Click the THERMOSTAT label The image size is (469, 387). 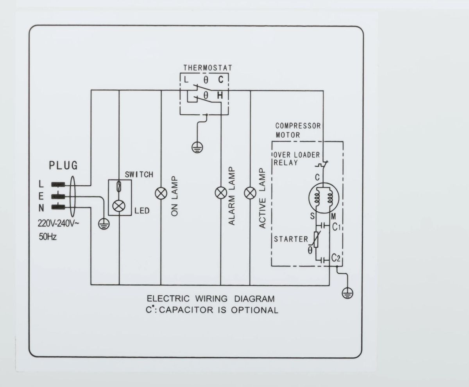coord(208,68)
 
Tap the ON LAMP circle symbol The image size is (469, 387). coord(161,193)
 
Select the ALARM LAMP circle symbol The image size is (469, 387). coord(221,193)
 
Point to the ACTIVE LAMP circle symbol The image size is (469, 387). coord(250,193)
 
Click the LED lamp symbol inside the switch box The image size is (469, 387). coord(118,206)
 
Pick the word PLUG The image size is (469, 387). coord(63,165)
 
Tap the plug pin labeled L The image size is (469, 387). coord(58,185)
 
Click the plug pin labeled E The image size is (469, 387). coord(58,197)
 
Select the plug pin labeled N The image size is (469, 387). coord(58,207)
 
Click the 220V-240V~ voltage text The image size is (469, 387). coord(58,224)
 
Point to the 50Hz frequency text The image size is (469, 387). coord(48,237)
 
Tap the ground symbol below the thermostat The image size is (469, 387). coord(197,147)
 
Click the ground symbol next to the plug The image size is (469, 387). coord(104,224)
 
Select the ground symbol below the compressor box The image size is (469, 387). coord(347,293)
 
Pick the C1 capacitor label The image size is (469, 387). coord(337,227)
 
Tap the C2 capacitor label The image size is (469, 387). coord(336,258)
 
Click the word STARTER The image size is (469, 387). coord(291,239)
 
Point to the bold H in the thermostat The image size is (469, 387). coord(220,96)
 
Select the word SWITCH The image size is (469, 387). coord(139,175)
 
